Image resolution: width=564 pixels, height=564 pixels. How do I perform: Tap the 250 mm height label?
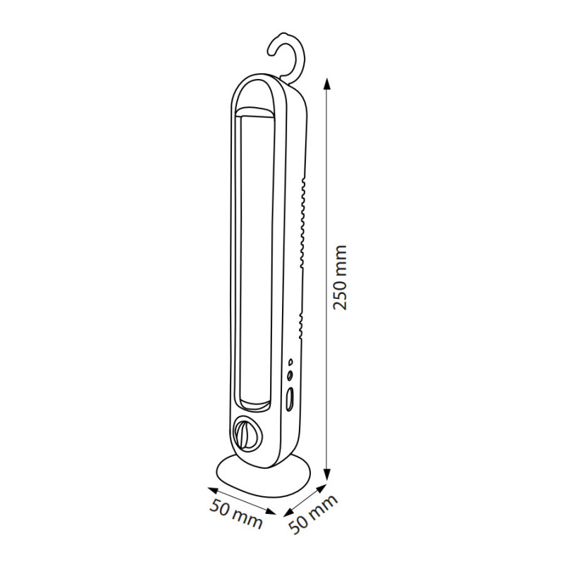pyautogui.click(x=340, y=277)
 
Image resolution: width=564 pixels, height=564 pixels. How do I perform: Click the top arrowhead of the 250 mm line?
pyautogui.click(x=326, y=84)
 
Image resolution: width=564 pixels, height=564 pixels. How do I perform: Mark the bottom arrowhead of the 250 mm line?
pyautogui.click(x=326, y=474)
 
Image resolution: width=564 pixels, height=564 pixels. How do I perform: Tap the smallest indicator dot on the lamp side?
pyautogui.click(x=290, y=362)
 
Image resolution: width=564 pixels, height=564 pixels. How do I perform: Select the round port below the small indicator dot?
pyautogui.click(x=290, y=376)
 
